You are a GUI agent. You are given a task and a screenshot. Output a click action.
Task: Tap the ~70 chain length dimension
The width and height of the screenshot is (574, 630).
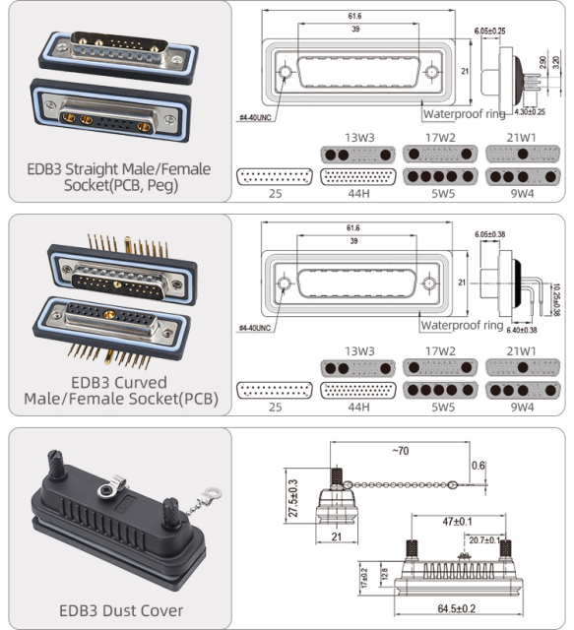tap(400, 450)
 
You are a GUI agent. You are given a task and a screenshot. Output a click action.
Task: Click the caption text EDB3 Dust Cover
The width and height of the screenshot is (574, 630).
tap(121, 610)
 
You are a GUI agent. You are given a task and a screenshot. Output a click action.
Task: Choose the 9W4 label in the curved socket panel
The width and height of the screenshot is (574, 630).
tap(522, 405)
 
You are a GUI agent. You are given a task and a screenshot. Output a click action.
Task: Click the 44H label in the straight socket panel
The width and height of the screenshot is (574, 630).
tap(359, 193)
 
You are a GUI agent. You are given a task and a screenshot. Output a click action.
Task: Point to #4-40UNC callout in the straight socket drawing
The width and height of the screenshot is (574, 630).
tap(255, 118)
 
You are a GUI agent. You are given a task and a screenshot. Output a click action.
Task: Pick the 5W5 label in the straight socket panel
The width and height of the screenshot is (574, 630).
tap(442, 193)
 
